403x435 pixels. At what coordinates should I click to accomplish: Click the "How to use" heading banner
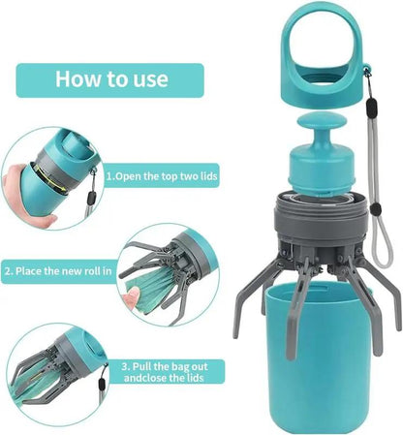110,79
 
